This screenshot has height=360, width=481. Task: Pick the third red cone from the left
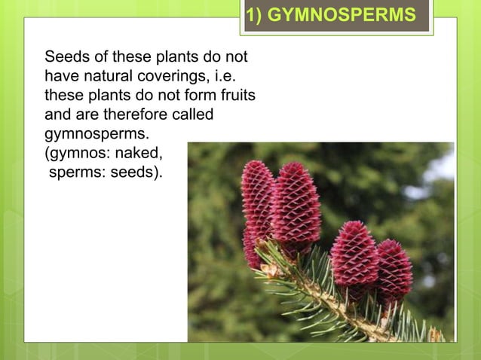(x=354, y=260)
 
